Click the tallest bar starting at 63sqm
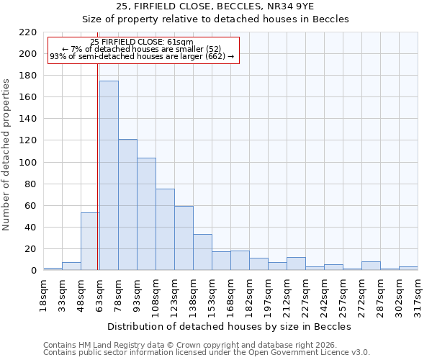click(x=109, y=176)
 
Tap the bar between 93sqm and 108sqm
click(x=146, y=214)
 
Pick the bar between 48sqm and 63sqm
click(x=90, y=242)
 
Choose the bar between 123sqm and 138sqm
click(x=184, y=238)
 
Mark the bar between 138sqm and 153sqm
click(x=202, y=253)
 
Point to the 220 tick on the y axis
click(x=28, y=32)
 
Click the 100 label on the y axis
click(x=28, y=163)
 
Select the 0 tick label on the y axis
click(x=33, y=271)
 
